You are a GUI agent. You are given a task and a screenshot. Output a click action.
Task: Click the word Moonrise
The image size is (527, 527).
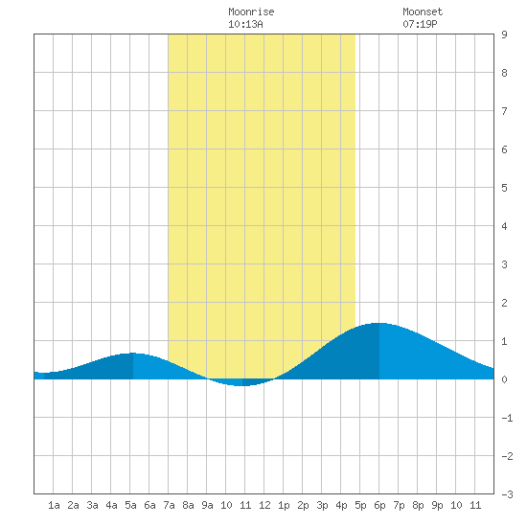[x=251, y=11]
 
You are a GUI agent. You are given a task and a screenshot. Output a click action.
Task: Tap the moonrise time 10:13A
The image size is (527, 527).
[x=245, y=24]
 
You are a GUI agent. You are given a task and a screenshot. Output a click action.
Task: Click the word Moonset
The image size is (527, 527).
[x=423, y=11]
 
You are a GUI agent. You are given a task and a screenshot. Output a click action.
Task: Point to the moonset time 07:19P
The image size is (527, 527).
[x=420, y=24]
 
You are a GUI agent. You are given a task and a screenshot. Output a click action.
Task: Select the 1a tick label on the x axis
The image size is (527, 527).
[x=54, y=505]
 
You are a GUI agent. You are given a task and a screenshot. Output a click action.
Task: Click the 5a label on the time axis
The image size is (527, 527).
[x=130, y=505]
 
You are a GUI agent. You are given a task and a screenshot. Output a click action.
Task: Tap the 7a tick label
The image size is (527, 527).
[x=169, y=505]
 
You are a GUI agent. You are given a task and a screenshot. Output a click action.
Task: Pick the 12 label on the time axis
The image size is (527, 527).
[x=264, y=505]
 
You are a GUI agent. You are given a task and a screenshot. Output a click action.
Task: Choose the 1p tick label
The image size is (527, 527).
[x=284, y=505]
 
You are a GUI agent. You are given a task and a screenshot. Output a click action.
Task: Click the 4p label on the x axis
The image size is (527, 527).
[x=341, y=505]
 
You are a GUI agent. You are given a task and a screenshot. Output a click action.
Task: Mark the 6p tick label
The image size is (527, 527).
[x=379, y=505]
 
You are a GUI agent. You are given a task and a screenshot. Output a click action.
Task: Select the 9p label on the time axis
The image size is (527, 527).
[x=437, y=505]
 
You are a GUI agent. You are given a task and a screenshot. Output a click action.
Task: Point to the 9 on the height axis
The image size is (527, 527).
[x=504, y=34]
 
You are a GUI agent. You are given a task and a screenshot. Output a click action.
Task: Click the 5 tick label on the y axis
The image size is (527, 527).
[x=504, y=188]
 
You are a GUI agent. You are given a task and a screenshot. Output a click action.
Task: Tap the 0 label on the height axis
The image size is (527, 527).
[x=504, y=379]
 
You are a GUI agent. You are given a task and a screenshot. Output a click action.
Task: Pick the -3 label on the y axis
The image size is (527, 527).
[x=507, y=494]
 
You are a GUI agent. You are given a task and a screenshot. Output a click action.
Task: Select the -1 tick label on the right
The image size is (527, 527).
[x=507, y=418]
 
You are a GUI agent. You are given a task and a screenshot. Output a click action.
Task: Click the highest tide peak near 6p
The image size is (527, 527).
[x=379, y=323]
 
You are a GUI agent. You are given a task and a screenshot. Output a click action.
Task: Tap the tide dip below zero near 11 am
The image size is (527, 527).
[x=241, y=385]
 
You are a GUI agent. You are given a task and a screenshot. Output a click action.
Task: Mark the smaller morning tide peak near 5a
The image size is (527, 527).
[x=132, y=354]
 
